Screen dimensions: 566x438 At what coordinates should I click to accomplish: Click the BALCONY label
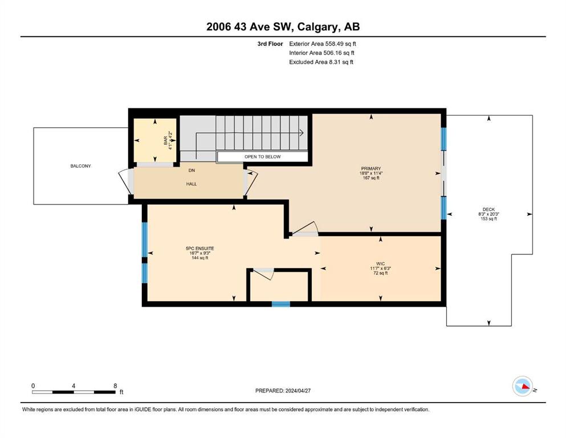(x=80, y=166)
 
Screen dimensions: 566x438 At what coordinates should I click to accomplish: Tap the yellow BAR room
(x=155, y=140)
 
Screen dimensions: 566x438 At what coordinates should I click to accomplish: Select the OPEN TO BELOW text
(x=262, y=157)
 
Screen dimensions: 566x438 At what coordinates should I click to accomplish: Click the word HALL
(x=192, y=184)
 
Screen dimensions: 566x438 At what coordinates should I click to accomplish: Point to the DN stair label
(x=192, y=171)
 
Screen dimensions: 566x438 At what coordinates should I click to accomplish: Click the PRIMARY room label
(x=370, y=169)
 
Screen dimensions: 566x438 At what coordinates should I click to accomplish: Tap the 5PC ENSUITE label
(x=199, y=249)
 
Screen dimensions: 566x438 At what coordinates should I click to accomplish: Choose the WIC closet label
(x=380, y=264)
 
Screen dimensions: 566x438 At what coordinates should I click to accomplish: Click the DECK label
(x=488, y=209)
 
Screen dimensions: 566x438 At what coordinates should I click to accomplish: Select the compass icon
(x=523, y=386)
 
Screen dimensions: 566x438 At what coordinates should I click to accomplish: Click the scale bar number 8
(x=115, y=386)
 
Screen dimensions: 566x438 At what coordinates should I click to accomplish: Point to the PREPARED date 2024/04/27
(x=298, y=391)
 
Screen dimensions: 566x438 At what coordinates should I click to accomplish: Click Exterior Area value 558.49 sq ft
(x=341, y=44)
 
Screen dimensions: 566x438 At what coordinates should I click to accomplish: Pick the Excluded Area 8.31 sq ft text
(x=321, y=62)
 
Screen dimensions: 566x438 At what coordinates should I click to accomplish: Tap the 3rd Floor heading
(x=270, y=44)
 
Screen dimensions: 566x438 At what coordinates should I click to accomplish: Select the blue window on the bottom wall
(x=281, y=304)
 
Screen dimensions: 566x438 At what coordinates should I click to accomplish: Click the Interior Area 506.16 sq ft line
(x=321, y=52)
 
